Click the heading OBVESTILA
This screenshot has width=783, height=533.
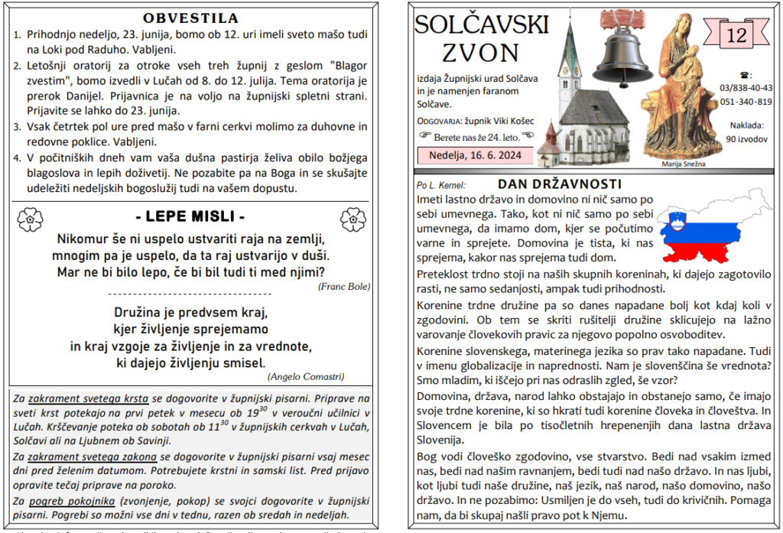coord(190,17)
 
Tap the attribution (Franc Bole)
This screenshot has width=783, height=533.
coord(343,286)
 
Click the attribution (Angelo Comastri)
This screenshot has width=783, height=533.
coord(306,376)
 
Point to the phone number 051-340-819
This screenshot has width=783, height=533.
coord(746,102)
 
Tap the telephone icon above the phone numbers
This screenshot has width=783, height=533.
coord(746,75)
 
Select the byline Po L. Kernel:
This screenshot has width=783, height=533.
coord(441,185)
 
